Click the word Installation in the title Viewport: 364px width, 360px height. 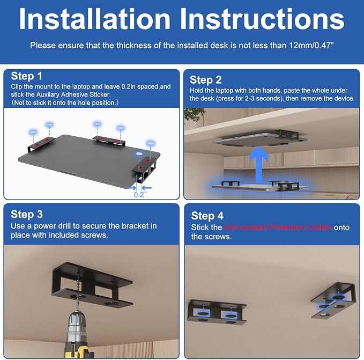tap(94, 19)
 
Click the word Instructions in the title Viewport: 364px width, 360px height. tap(262, 19)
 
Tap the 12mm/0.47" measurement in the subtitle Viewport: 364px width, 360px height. tap(311, 45)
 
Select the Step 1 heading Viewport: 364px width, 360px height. tap(26, 76)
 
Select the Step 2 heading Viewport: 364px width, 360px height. tap(206, 80)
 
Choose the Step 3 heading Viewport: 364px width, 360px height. tap(27, 214)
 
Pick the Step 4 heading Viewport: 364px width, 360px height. tap(207, 216)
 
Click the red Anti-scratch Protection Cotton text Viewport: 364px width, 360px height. tap(278, 227)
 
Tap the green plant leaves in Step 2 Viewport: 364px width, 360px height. tap(193, 114)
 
